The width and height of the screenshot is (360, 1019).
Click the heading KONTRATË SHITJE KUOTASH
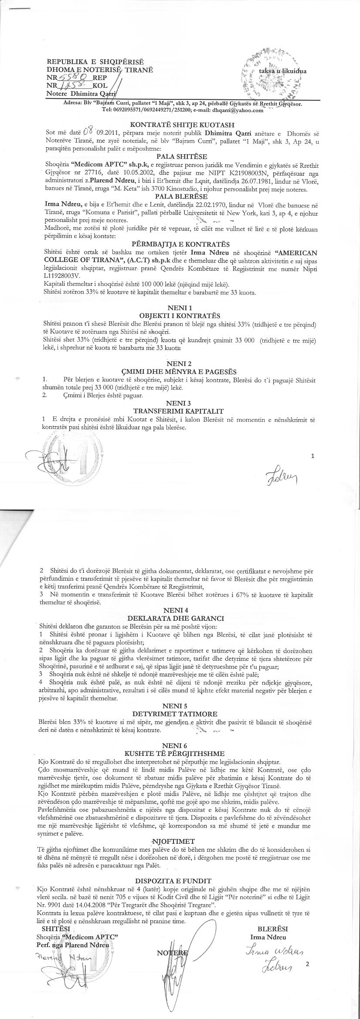click(x=180, y=124)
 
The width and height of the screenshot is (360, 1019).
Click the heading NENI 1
click(x=180, y=308)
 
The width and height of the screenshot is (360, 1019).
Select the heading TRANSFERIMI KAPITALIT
click(x=180, y=411)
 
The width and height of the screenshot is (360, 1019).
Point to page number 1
click(x=313, y=456)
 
